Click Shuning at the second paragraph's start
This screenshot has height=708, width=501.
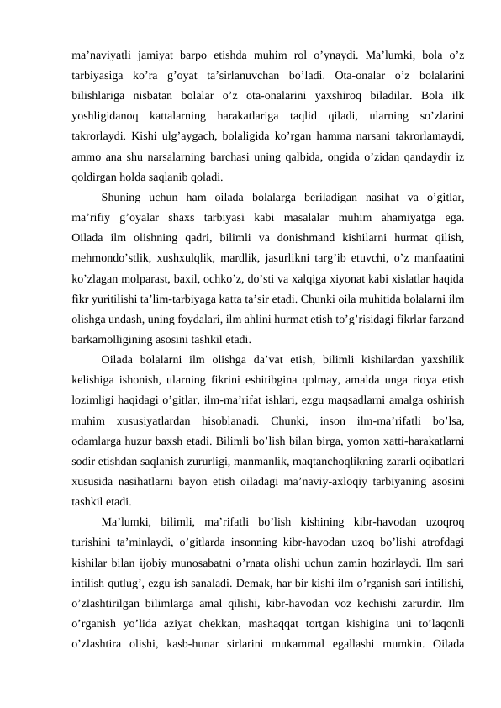click(124, 197)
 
